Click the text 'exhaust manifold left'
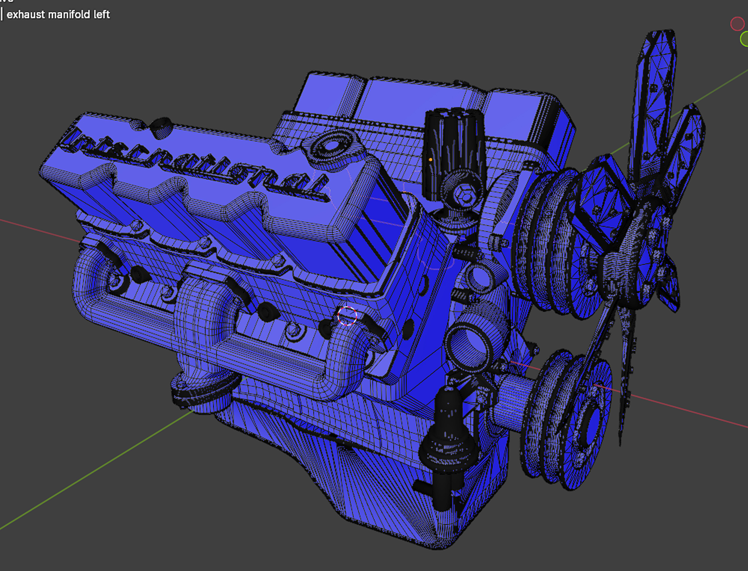pos(58,15)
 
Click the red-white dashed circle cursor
pos(347,316)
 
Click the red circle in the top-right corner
pos(737,24)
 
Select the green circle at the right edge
pos(744,39)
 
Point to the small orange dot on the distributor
pos(430,160)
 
